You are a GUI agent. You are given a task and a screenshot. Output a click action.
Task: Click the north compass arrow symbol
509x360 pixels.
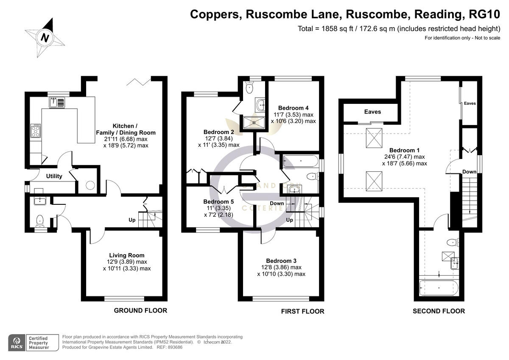(x=45, y=37)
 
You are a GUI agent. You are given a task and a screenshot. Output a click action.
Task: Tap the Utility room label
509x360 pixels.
(x=54, y=176)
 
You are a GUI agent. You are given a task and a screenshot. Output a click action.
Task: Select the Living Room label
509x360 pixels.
(x=126, y=255)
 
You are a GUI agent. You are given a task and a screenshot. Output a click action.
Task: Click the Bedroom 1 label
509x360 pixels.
(x=404, y=150)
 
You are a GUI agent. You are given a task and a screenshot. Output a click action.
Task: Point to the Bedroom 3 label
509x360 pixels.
(x=281, y=261)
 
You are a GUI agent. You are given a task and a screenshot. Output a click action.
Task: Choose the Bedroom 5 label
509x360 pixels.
(x=218, y=201)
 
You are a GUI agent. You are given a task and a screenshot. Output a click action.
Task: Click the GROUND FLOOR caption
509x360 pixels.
(x=140, y=310)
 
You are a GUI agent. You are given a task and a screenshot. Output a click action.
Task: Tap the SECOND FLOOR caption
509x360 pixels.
(x=439, y=311)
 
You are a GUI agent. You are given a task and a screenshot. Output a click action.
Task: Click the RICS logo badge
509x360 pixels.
(x=17, y=342)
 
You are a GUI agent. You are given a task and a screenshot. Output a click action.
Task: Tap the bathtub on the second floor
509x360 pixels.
(x=439, y=288)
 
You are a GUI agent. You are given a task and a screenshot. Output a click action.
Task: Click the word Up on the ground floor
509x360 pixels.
(x=132, y=220)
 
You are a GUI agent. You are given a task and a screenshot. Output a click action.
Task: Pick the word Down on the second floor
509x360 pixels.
(x=470, y=172)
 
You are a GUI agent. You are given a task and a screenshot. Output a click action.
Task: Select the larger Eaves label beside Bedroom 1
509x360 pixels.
(x=372, y=112)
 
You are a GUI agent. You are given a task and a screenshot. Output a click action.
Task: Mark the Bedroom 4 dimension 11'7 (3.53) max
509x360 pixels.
(x=293, y=114)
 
